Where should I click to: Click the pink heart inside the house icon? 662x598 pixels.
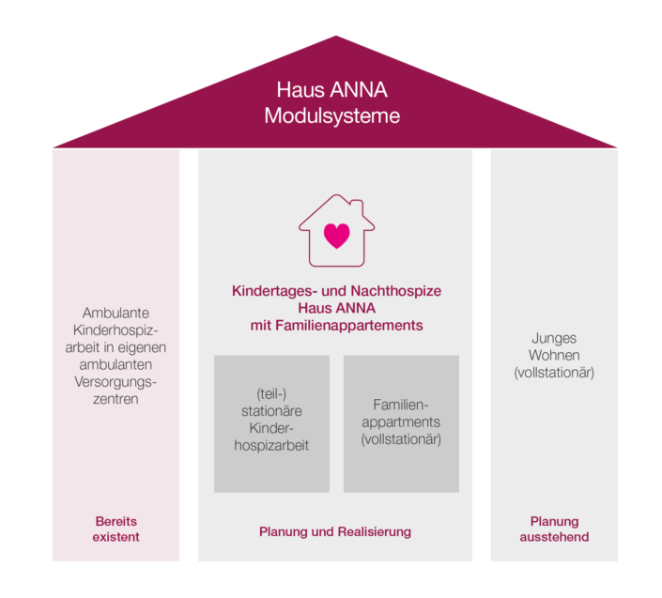(x=336, y=234)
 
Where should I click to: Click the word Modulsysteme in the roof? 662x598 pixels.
(x=331, y=116)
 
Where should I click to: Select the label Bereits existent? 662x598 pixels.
(x=115, y=529)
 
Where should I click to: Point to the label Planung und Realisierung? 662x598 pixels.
(x=335, y=531)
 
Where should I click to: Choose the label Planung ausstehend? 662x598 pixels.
(x=554, y=529)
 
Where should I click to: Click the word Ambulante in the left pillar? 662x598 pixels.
(x=115, y=313)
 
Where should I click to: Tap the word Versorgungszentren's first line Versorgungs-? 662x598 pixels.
(x=115, y=381)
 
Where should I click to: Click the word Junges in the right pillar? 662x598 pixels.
(x=554, y=338)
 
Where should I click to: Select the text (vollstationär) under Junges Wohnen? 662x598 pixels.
(x=554, y=373)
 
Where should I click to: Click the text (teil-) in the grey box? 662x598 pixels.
(x=271, y=393)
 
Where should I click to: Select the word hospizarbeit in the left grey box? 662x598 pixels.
(x=271, y=445)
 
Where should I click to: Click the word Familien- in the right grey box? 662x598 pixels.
(x=401, y=404)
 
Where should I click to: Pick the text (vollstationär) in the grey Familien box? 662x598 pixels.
(x=401, y=438)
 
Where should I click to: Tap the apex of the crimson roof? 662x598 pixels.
(x=335, y=38)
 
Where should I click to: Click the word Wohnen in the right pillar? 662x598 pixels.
(x=554, y=356)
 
